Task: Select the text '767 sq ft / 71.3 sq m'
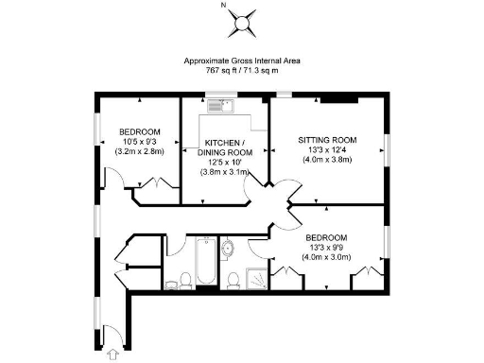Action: (x=242, y=70)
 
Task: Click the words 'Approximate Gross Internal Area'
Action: (x=242, y=60)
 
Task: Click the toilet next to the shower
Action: (x=233, y=276)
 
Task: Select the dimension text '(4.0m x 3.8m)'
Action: (x=326, y=160)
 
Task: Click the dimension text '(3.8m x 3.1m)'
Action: (x=224, y=172)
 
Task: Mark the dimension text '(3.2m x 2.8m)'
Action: (x=139, y=151)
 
